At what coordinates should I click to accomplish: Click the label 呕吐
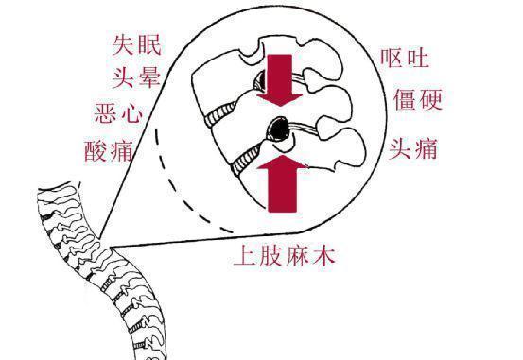click(x=407, y=59)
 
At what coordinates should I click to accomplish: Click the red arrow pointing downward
click(x=282, y=81)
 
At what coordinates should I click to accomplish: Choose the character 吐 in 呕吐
click(x=420, y=59)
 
